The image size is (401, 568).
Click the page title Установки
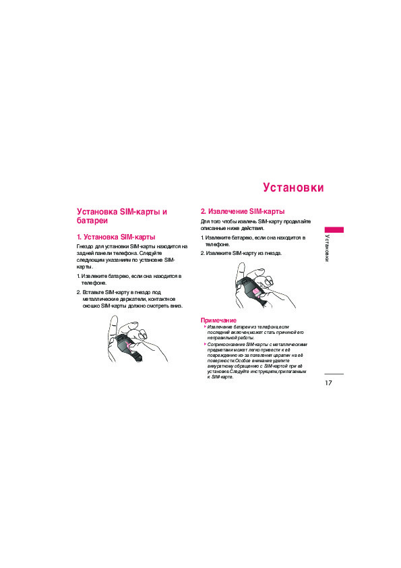293,188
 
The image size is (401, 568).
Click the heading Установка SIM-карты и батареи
121,217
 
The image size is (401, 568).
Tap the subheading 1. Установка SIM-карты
116,237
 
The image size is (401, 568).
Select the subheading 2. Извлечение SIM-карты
243,212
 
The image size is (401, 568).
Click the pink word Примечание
218,320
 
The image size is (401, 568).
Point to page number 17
328,383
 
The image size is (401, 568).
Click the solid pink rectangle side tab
334,229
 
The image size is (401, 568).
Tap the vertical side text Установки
327,248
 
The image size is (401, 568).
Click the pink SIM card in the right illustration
256,292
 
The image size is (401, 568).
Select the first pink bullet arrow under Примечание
205,326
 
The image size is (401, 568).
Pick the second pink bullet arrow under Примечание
205,344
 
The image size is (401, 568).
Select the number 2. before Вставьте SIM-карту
79,292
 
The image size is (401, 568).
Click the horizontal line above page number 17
334,374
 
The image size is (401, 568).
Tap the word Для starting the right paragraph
205,221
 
